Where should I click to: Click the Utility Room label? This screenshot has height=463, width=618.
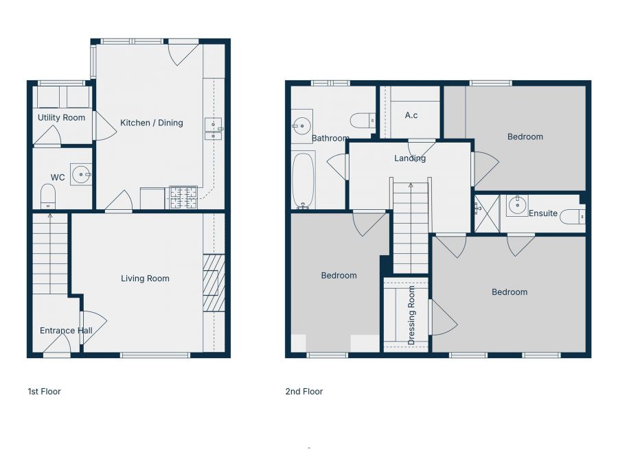click(62, 118)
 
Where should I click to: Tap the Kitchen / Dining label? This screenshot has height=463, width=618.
click(152, 123)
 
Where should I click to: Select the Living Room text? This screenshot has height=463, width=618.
click(145, 278)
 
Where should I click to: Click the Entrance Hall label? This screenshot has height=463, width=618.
click(66, 331)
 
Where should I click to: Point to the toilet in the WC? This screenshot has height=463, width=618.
click(48, 196)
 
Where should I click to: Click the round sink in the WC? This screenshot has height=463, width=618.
click(82, 174)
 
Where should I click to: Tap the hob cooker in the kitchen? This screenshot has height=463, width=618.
click(183, 198)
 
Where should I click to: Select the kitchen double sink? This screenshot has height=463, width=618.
click(213, 128)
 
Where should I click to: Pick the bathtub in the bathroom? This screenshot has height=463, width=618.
click(303, 180)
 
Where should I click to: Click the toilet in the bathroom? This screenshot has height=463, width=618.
click(363, 121)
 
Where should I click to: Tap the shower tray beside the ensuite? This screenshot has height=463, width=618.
click(487, 213)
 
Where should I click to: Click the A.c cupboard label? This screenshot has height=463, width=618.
click(411, 115)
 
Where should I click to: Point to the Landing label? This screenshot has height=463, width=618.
click(410, 158)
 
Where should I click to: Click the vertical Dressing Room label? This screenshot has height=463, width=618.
click(412, 316)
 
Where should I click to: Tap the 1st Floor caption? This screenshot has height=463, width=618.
click(44, 392)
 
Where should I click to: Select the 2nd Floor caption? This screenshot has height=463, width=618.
click(304, 392)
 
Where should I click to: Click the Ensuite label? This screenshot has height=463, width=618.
click(543, 213)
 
